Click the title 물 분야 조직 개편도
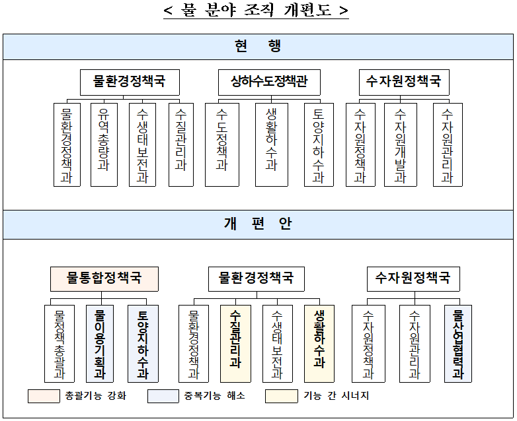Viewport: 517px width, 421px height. [x=256, y=11]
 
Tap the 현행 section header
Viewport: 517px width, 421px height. [x=258, y=46]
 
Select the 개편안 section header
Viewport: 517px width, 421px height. [x=258, y=224]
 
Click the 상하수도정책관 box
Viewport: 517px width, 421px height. [x=269, y=82]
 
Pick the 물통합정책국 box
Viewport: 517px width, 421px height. [x=104, y=278]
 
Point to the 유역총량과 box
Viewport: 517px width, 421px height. [x=104, y=144]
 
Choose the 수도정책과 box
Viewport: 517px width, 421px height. [x=222, y=144]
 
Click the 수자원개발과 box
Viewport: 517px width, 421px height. [x=401, y=144]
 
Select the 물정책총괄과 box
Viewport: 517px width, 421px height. [x=60, y=343]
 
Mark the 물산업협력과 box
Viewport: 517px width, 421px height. [x=457, y=343]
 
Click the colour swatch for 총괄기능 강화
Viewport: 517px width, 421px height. [x=44, y=396]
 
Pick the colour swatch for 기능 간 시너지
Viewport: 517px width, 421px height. [x=281, y=396]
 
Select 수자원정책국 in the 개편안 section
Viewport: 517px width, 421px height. [x=413, y=278]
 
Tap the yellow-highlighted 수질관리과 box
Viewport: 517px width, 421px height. [x=235, y=343]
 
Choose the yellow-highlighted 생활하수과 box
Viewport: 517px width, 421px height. [x=319, y=343]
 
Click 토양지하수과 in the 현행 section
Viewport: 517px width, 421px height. [x=319, y=144]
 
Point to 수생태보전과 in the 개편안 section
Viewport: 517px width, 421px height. [x=278, y=343]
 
